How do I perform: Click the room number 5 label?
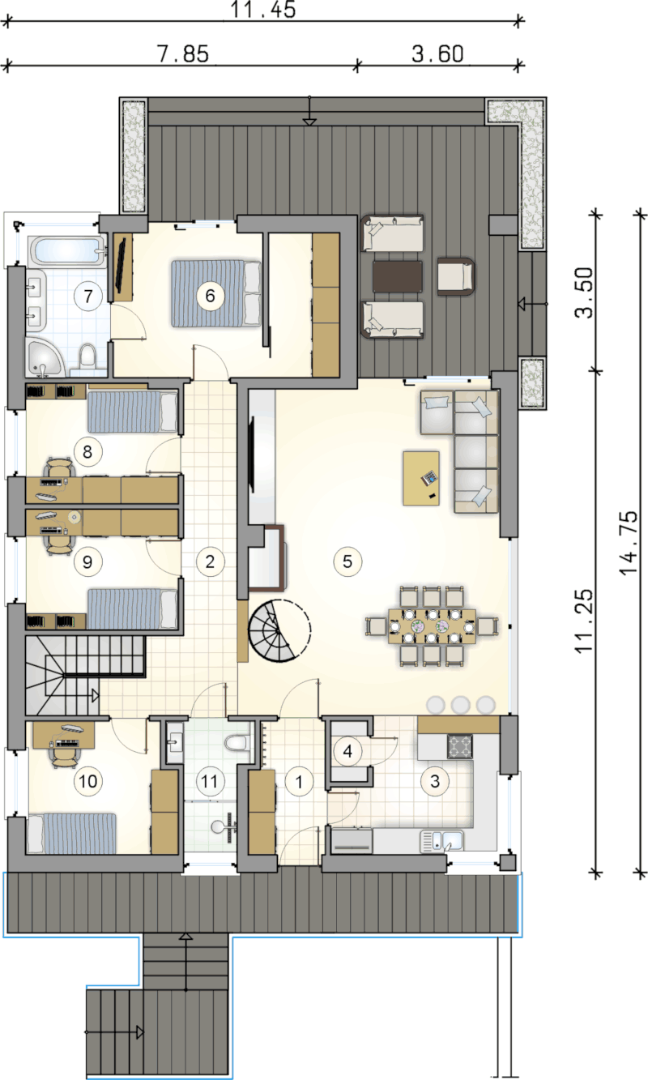pos(347,561)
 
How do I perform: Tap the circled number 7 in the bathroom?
pos(88,296)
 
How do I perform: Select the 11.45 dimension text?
pos(262,10)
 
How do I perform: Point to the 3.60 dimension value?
pos(437,54)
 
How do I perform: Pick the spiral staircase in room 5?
pos(279,630)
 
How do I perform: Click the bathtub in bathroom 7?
pos(67,250)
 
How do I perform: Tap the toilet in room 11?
pos(237,742)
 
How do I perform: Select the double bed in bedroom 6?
pos(216,293)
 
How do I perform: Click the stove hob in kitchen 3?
pos(460,746)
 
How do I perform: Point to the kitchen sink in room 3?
pos(442,840)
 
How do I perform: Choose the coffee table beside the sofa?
pos(421,478)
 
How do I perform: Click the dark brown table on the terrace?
pos(397,277)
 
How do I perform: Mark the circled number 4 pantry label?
pos(347,751)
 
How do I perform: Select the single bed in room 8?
pos(132,412)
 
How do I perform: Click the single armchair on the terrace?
pos(456,275)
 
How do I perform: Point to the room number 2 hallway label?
pos(211,561)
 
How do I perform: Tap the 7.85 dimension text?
pos(183,54)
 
